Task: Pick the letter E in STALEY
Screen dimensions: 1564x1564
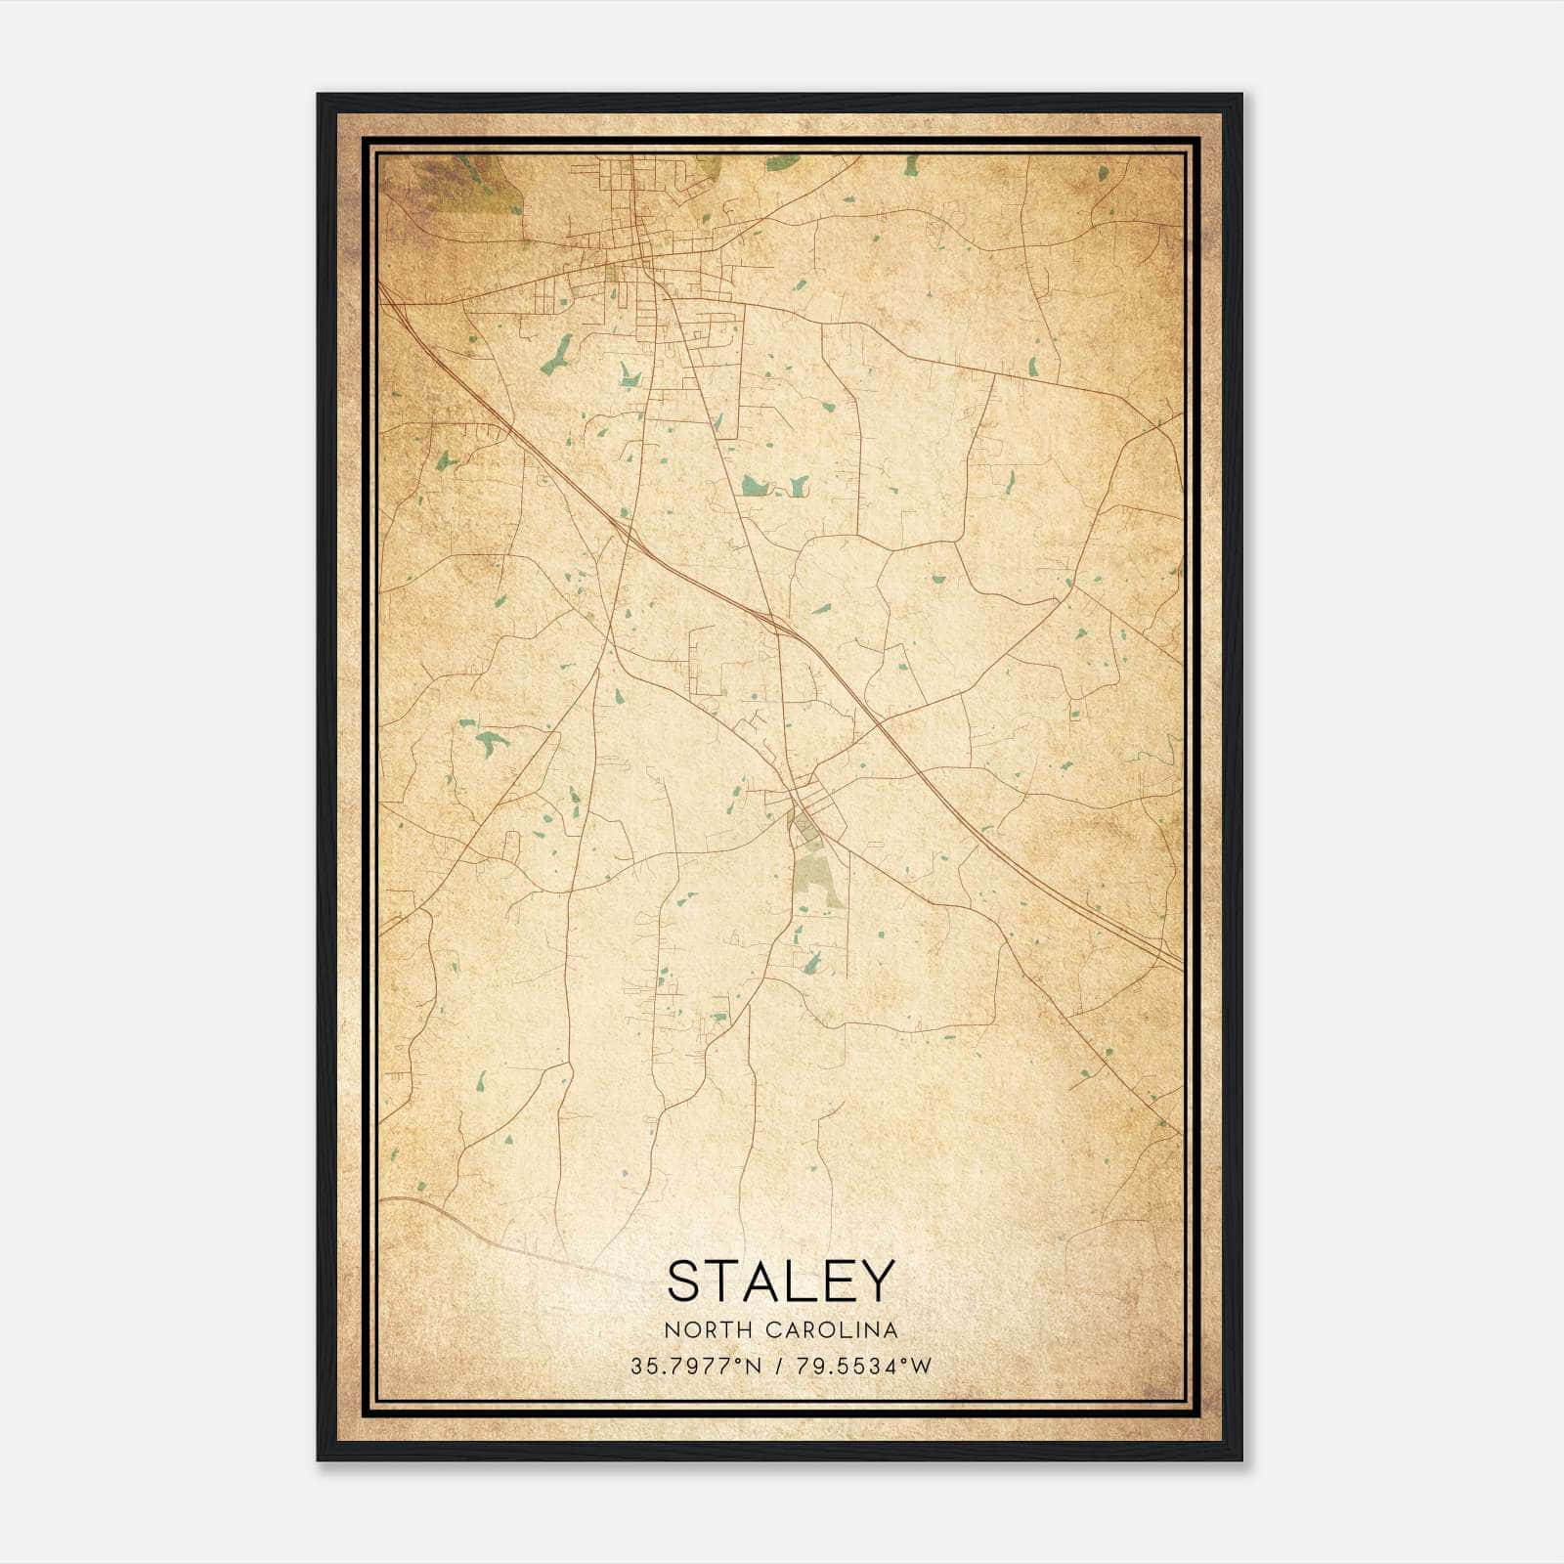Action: click(841, 1281)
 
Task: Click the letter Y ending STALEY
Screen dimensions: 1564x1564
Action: click(878, 1281)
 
